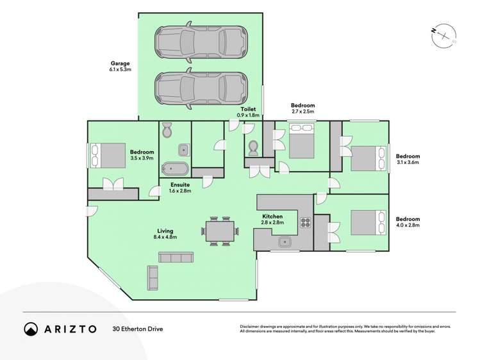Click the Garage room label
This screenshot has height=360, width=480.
point(120,63)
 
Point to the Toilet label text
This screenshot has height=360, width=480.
point(248,109)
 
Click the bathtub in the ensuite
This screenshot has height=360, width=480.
point(174,170)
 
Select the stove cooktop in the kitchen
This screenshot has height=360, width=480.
point(305,224)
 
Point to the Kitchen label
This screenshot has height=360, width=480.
point(272,217)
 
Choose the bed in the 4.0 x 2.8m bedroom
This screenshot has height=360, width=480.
point(365,225)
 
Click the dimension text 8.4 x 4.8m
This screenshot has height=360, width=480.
point(165,238)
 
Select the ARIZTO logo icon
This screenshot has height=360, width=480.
point(31,329)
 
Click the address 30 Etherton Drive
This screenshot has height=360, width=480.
point(137,329)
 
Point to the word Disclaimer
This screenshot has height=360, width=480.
point(253,326)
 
